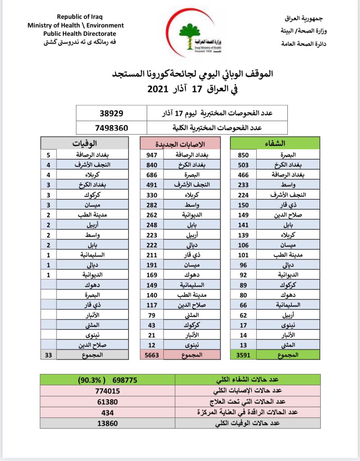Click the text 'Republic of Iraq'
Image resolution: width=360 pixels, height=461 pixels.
coord(80,17)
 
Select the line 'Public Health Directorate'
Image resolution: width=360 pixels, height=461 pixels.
coord(80,34)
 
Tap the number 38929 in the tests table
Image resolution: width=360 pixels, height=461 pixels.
coord(111,113)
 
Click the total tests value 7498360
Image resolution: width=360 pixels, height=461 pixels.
coord(111,127)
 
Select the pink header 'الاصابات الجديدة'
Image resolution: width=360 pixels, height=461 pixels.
coord(180,144)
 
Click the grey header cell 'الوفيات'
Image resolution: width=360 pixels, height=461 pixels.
coord(85,143)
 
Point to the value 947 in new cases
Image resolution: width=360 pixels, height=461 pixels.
coord(152,155)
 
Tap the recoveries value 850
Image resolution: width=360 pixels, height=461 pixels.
coord(243,155)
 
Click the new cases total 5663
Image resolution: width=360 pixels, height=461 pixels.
coord(152,355)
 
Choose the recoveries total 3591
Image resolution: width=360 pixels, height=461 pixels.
coord(243,355)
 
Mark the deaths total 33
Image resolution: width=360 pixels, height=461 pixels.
coord(49,355)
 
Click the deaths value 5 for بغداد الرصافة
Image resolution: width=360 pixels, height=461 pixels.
coord(49,155)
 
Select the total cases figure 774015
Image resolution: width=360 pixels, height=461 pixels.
coord(108,391)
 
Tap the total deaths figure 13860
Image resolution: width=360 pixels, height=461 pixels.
coord(108,423)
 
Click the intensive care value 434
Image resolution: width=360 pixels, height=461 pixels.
coord(108,412)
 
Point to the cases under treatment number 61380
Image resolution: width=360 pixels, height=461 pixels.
coord(108,402)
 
